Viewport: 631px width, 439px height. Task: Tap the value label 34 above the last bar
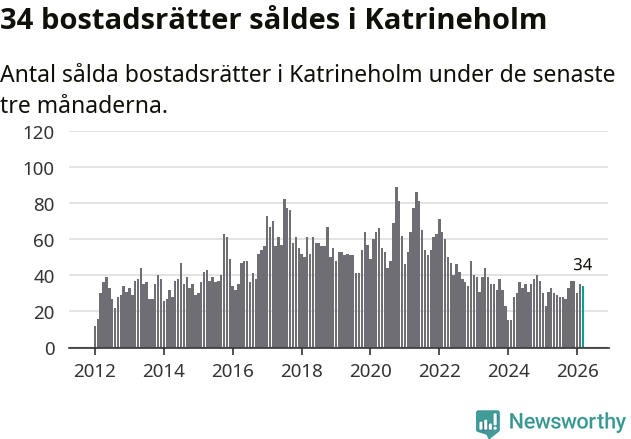pos(583,265)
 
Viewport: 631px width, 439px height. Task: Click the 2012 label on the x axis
pos(95,369)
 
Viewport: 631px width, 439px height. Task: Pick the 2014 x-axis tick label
pos(164,369)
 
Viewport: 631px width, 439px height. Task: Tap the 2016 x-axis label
pos(233,369)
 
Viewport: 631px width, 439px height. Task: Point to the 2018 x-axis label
pos(301,369)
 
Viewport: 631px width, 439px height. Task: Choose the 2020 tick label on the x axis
pos(370,369)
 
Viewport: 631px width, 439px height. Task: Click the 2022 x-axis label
pos(439,369)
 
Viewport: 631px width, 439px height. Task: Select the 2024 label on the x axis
pos(508,369)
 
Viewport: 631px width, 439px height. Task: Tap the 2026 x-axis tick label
pos(577,369)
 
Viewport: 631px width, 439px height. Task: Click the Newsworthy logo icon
pos(488,423)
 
